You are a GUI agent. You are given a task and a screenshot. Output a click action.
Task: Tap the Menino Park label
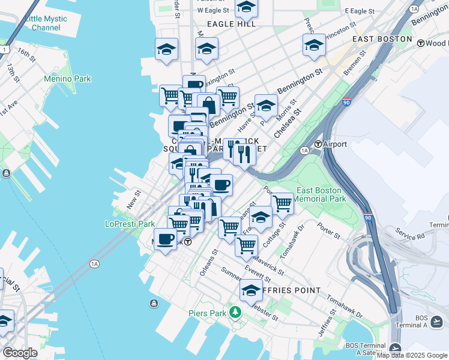[67, 79]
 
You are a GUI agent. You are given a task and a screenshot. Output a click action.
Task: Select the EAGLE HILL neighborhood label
[231, 24]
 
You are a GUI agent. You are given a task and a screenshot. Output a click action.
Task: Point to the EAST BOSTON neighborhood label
[382, 39]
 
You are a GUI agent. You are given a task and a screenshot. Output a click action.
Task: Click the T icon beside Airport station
[318, 144]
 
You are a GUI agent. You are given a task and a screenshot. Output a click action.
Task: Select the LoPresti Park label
[130, 224]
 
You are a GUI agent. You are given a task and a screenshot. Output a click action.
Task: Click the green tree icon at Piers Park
[235, 312]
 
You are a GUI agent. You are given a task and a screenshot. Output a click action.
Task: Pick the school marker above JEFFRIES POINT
[251, 291]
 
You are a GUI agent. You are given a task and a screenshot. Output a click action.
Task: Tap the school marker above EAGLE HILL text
[246, 7]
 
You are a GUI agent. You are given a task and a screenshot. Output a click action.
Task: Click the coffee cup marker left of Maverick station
[165, 239]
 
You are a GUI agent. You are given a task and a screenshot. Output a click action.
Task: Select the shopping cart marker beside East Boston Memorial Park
[282, 203]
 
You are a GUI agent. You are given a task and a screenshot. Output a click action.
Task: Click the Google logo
[20, 353]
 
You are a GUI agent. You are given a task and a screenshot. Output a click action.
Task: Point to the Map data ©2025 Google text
[412, 355]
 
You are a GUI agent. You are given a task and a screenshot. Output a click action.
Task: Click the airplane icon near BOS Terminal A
[395, 348]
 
